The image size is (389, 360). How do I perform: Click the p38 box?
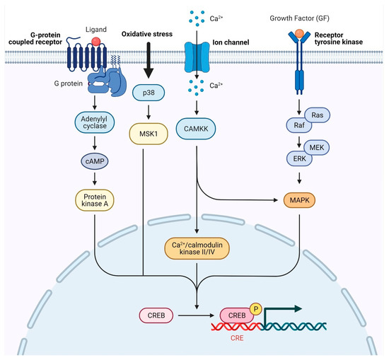click(150, 94)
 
